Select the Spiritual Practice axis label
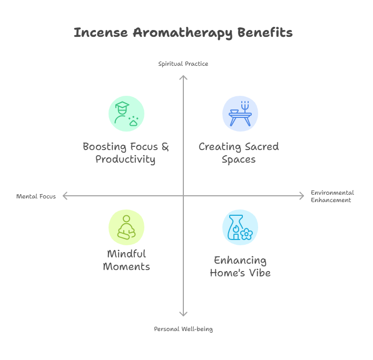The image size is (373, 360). coord(183,64)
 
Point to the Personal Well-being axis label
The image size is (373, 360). coord(183,329)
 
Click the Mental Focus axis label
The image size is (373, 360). coord(36,196)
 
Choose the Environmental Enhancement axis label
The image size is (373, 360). coord(332,196)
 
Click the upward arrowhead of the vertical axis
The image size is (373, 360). coord(183,77)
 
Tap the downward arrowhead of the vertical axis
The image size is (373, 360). coord(183,314)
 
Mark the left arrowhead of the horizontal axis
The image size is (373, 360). coord(65,196)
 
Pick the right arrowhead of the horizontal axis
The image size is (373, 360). coord(302,196)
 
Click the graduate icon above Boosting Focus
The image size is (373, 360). coord(126,113)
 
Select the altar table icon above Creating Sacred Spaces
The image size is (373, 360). coord(240,113)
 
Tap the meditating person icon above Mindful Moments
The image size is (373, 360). coord(126,227)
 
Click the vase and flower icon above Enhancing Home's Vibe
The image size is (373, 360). coord(240,227)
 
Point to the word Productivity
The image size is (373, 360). coord(125,159)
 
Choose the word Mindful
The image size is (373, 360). coord(126,254)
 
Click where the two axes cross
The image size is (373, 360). coord(183,196)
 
